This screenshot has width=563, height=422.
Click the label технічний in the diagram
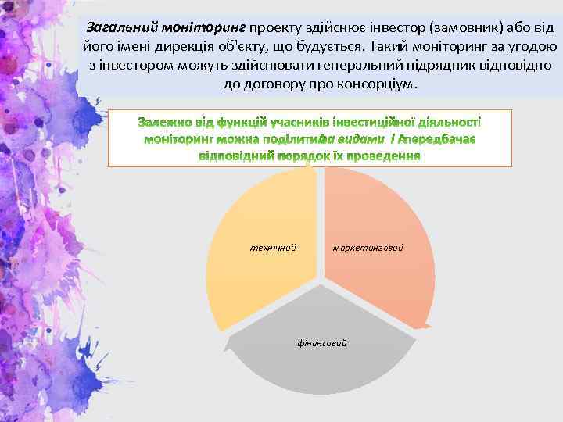272,248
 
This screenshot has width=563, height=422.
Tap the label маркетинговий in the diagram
368,248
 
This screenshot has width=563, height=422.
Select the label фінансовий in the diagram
321,343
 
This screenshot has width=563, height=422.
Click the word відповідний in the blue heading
231,155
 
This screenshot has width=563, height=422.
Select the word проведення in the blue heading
382,155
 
